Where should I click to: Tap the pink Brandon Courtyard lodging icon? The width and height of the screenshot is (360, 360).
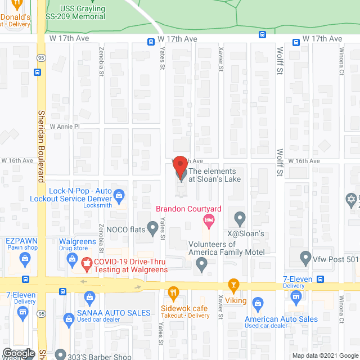(x=209, y=223)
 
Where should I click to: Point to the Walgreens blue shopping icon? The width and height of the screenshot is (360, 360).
(x=71, y=259)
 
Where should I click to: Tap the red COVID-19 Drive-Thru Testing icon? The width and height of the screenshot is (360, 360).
(x=87, y=262)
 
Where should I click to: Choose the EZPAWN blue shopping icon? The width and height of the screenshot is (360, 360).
(x=25, y=259)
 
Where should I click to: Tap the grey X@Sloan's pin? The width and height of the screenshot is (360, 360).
(x=240, y=217)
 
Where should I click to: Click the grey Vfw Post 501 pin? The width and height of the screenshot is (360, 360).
(x=305, y=259)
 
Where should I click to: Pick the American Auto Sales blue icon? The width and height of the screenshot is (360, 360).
(x=258, y=304)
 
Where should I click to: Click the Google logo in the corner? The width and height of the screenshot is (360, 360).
(x=19, y=353)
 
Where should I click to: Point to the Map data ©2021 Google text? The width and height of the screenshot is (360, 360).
(x=325, y=355)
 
